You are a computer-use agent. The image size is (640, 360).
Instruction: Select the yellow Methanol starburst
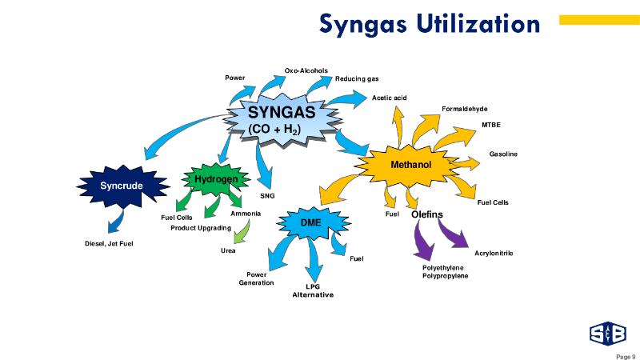[x=410, y=165]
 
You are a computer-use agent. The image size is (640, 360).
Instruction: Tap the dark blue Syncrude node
[x=122, y=186]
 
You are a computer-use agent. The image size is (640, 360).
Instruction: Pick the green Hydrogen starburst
[x=216, y=179]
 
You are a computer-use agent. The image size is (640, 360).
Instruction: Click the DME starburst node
[x=310, y=222]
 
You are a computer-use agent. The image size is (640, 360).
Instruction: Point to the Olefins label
[x=427, y=214]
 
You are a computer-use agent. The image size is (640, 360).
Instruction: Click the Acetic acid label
[x=390, y=98]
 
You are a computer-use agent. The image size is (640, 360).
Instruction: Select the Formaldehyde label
[x=464, y=109]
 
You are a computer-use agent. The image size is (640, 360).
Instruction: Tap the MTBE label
[x=490, y=125]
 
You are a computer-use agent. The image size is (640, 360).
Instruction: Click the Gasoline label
[x=504, y=154]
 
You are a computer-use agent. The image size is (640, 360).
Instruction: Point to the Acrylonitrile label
[x=494, y=253]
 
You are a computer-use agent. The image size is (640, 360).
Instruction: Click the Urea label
[x=228, y=251]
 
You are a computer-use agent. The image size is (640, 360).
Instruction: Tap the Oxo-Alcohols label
[x=306, y=70]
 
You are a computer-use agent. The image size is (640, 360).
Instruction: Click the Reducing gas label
[x=357, y=78]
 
